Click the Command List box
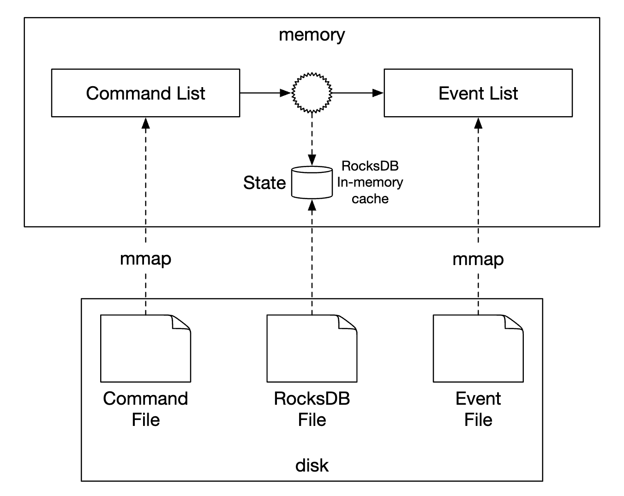coord(145,93)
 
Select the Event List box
coord(478,93)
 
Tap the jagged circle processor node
coord(312,93)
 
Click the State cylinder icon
coord(312,183)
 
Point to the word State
coord(264,183)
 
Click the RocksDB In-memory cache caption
coord(370,183)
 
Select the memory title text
coord(312,35)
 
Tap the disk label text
coord(312,466)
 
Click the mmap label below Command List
coord(145,259)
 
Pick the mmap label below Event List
coord(478,259)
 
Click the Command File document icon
coord(145,348)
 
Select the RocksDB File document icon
coord(312,348)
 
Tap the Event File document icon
coord(478,348)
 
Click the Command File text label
coord(145,409)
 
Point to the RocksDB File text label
coord(312,409)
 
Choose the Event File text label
coord(478,409)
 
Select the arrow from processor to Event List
coord(358,93)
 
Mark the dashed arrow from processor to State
coord(312,138)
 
